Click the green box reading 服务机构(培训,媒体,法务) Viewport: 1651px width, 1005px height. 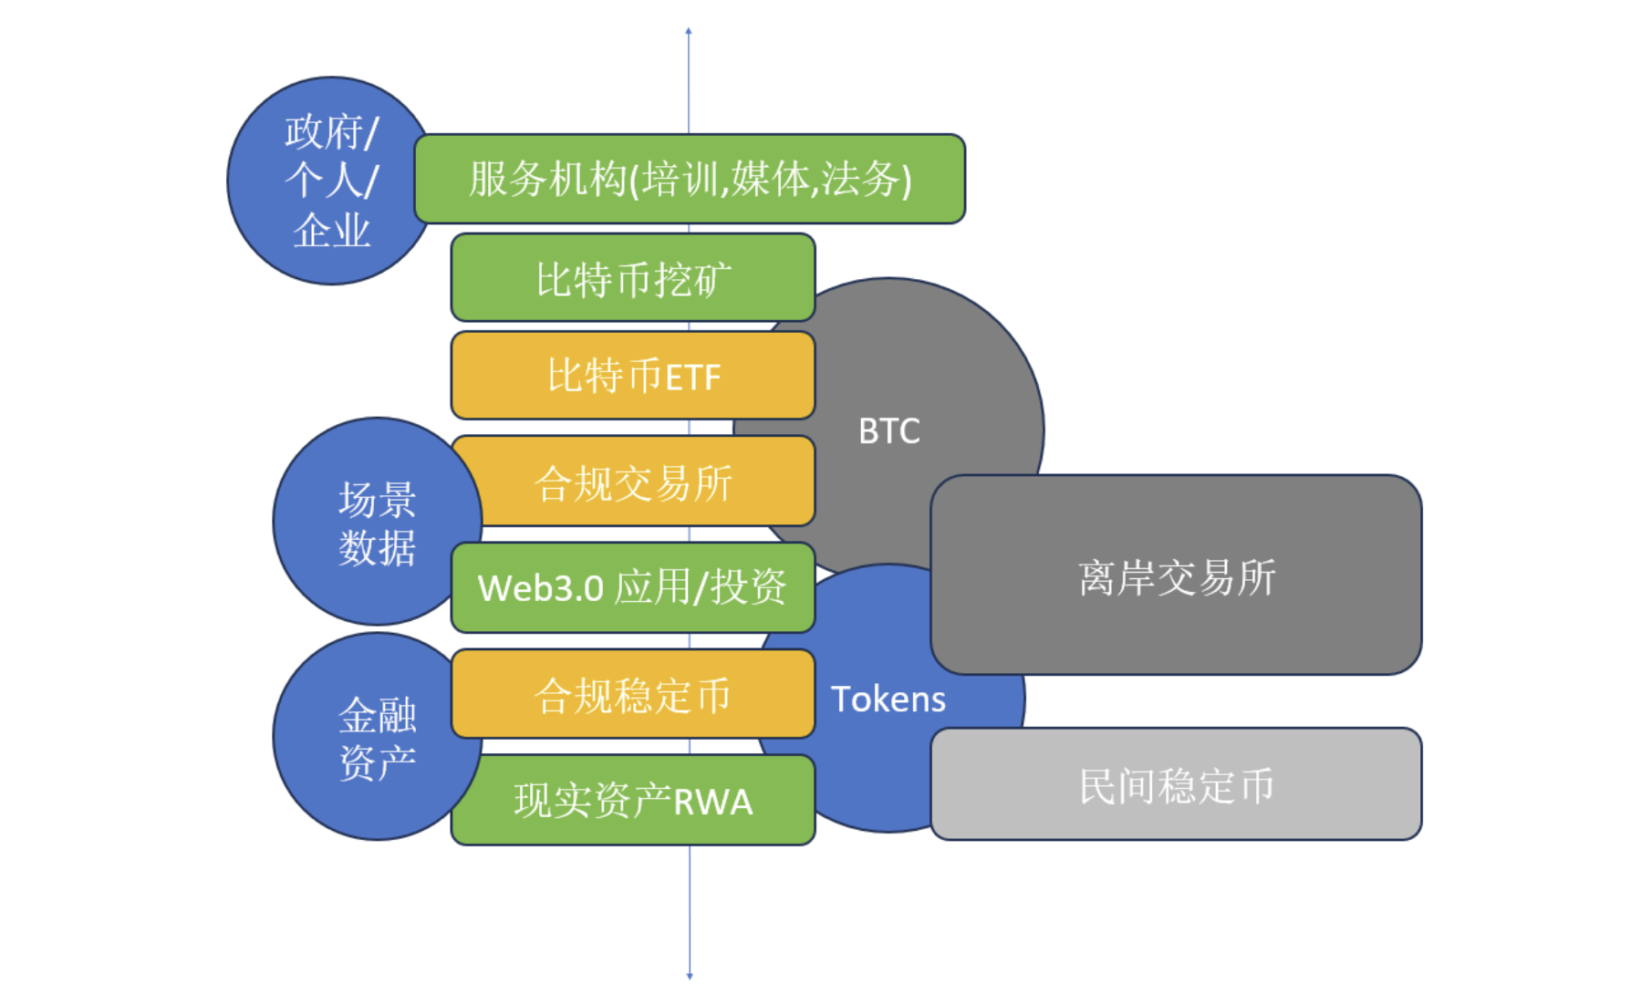690,179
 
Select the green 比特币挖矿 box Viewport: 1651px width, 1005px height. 633,278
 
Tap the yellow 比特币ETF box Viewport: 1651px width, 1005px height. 633,376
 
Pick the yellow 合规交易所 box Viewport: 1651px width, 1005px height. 633,482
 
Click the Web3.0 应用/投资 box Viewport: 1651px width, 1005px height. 633,587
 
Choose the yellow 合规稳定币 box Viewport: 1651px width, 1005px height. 633,695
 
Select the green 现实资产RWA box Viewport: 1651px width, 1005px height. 633,801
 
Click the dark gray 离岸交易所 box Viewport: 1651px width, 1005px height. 1176,576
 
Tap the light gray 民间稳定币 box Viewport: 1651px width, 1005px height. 1176,785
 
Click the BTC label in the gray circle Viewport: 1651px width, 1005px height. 889,430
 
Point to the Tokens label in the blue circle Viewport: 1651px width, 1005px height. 888,699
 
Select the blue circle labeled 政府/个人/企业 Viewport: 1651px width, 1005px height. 330,181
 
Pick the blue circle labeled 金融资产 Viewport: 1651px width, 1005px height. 376,738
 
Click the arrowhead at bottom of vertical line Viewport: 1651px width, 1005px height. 690,976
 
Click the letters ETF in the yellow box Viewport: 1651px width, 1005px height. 693,378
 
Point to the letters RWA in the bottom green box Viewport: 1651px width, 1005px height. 713,803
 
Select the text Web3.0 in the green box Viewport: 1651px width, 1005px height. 541,588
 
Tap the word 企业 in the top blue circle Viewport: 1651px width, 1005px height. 331,230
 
